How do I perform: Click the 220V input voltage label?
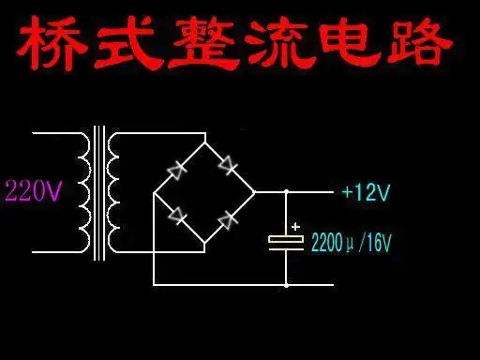33,193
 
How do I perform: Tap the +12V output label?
366,193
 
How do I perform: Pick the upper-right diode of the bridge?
227,165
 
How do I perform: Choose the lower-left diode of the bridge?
178,216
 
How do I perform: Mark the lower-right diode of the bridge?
227,219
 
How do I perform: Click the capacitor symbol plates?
286,241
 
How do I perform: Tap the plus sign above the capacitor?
296,226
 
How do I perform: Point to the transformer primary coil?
82,193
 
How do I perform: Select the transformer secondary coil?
114,193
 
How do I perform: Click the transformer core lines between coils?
98,193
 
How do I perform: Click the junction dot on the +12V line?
286,192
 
